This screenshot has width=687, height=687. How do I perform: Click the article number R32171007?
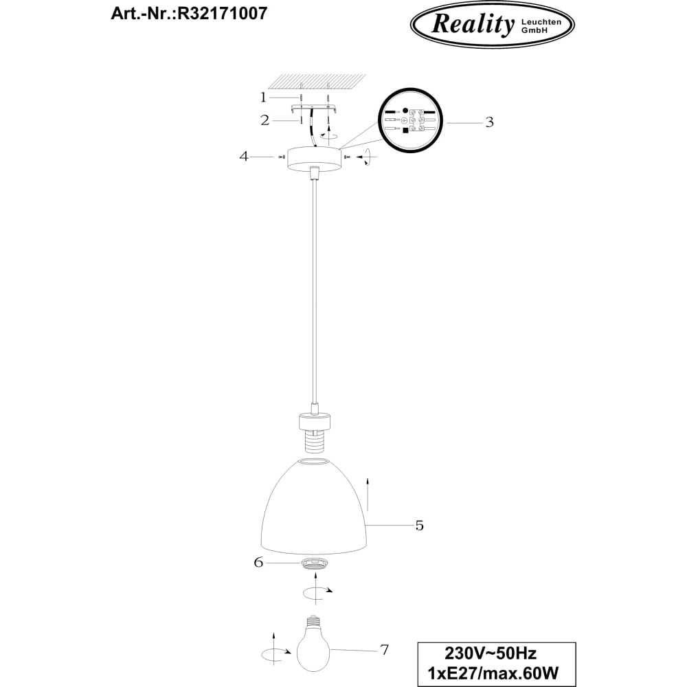[x=221, y=13]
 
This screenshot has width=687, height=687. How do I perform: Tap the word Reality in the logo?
[x=473, y=23]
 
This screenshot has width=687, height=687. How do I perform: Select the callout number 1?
[x=263, y=97]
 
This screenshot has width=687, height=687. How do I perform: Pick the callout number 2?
[x=264, y=120]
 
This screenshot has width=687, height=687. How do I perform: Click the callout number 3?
[x=489, y=122]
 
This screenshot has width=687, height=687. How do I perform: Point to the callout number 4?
[x=244, y=156]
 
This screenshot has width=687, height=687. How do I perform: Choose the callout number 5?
[x=419, y=526]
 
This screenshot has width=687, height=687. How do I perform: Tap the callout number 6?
[x=258, y=562]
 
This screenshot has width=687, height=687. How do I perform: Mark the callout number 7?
[x=384, y=650]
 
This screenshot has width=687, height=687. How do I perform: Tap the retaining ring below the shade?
[x=314, y=564]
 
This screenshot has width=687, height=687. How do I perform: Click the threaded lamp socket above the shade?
[x=314, y=432]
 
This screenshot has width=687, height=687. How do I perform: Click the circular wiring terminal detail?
[x=411, y=121]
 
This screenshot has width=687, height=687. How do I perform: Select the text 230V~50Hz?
[x=491, y=653]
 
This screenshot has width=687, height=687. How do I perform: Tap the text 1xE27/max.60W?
[x=493, y=673]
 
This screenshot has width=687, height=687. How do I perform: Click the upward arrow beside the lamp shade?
[x=368, y=494]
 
